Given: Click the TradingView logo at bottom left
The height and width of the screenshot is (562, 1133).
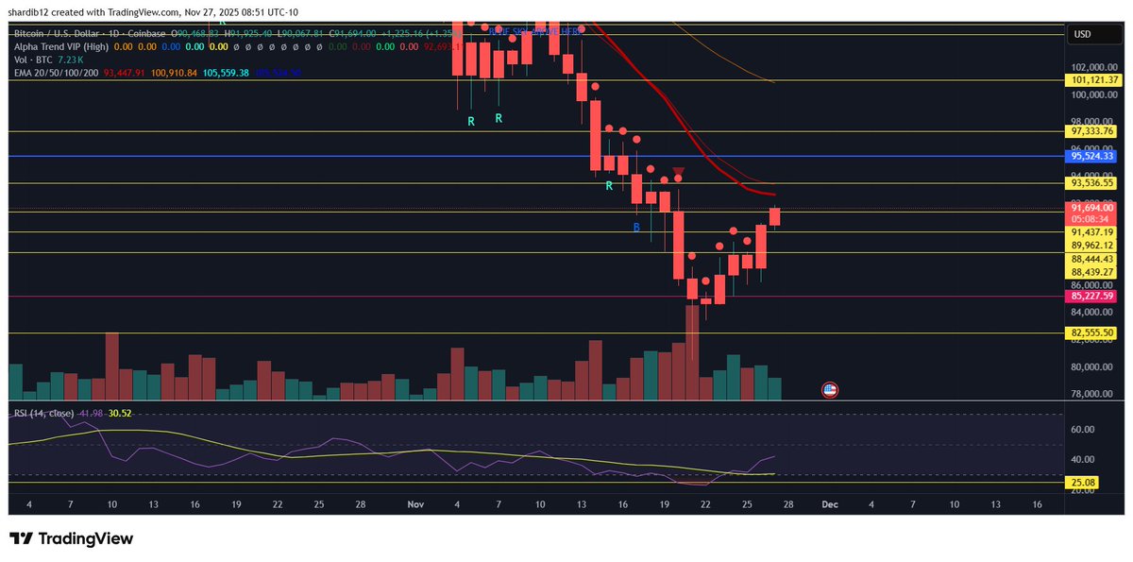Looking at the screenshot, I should click(x=72, y=538).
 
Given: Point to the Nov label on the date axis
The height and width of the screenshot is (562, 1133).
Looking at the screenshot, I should click(x=415, y=504).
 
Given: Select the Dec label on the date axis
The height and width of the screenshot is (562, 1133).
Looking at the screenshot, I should click(x=829, y=504).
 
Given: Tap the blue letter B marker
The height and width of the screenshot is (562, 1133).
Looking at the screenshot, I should click(x=636, y=228).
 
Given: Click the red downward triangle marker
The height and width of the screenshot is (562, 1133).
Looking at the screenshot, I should click(x=678, y=171).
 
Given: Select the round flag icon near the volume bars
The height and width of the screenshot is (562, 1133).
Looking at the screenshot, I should click(x=830, y=389).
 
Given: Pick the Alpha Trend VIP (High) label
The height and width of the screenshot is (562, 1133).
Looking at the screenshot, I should click(x=60, y=45).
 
